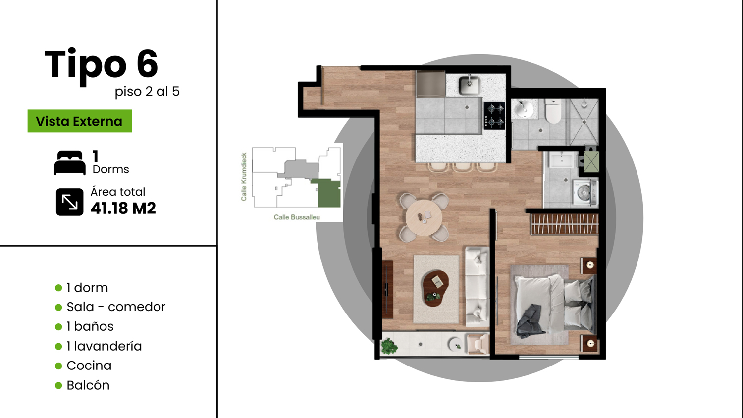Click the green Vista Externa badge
click(80, 121)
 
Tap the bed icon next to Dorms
click(70, 162)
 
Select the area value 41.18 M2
click(123, 209)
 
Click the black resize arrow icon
click(70, 202)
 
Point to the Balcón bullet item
click(83, 385)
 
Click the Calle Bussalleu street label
click(297, 217)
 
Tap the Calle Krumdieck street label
click(244, 176)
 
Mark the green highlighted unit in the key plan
click(327, 193)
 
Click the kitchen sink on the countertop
click(470, 85)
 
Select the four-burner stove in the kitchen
click(494, 115)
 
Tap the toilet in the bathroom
click(553, 111)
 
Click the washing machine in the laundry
click(585, 192)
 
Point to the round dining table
click(424, 217)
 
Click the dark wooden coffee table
click(435, 288)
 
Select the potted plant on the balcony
click(389, 346)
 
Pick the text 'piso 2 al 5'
click(147, 92)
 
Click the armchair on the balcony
click(478, 344)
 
